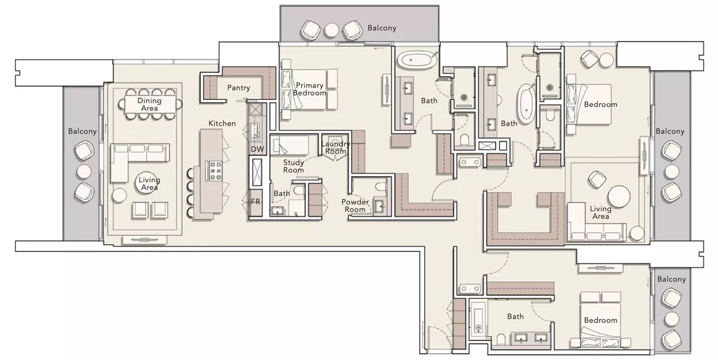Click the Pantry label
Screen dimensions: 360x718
click(238, 88)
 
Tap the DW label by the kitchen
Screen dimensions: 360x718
click(257, 149)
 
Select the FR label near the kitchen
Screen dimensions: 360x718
click(256, 201)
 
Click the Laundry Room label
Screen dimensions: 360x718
click(335, 147)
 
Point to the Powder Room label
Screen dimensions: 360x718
click(355, 206)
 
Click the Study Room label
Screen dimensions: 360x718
click(293, 166)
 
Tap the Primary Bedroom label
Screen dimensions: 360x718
click(310, 89)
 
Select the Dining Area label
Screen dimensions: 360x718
click(149, 104)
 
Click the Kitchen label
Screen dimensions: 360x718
click(222, 123)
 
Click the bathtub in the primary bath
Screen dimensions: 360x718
click(417, 60)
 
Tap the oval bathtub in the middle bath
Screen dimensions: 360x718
click(527, 104)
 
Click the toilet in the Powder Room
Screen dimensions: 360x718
click(380, 186)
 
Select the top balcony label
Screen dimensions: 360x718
click(381, 27)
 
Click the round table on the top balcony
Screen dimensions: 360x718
click(332, 30)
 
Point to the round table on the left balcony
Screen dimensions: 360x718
click(84, 171)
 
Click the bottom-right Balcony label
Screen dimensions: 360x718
click(671, 279)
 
